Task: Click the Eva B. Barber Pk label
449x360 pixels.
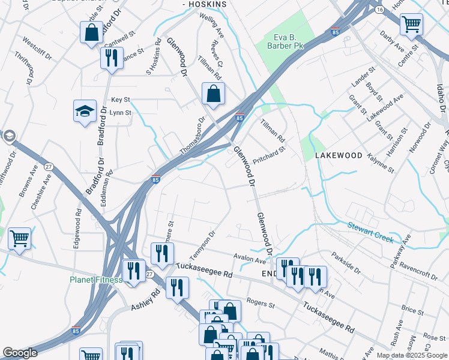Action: [x=287, y=41]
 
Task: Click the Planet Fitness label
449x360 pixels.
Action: [x=95, y=280]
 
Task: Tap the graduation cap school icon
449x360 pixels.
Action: [x=85, y=111]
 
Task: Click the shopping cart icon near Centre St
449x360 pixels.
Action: [x=411, y=25]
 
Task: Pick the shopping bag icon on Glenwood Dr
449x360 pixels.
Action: [x=213, y=94]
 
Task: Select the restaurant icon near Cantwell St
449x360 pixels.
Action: [x=111, y=59]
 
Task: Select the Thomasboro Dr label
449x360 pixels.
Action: [x=193, y=135]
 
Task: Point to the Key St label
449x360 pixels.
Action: [x=121, y=100]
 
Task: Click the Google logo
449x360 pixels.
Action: [x=20, y=353]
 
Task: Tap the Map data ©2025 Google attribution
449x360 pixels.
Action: [x=411, y=355]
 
